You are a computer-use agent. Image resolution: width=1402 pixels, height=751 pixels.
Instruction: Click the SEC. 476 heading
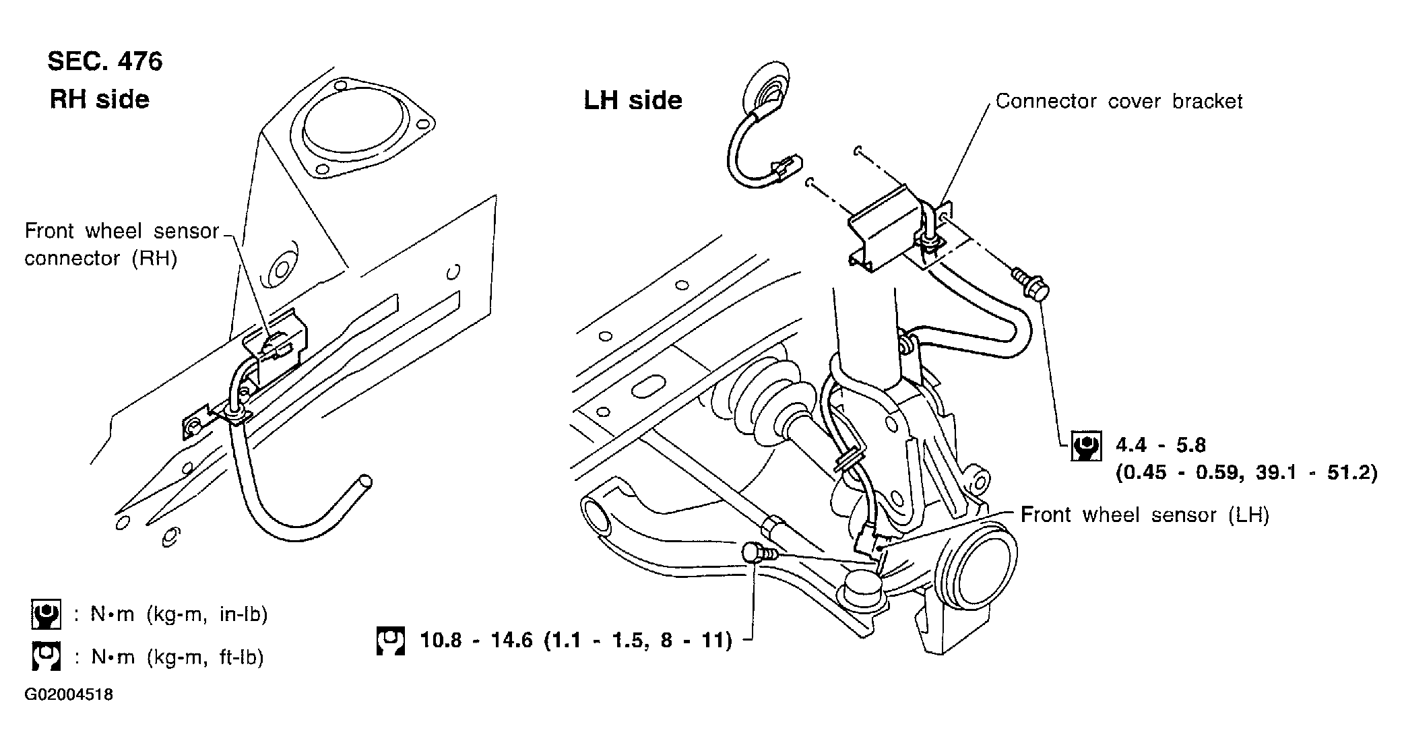coord(104,61)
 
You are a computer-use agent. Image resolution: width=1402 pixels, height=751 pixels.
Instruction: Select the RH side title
coord(99,100)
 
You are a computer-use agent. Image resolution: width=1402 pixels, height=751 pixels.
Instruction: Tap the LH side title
coord(633,100)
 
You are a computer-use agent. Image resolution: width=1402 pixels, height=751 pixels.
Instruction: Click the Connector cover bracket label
coord(1118,101)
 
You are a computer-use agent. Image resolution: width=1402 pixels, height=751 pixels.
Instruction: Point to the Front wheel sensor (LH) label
coord(1145,515)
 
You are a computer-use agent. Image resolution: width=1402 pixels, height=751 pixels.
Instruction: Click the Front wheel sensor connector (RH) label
coord(121,244)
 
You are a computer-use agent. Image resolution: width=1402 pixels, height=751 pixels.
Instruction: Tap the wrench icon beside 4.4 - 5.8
coord(1086,445)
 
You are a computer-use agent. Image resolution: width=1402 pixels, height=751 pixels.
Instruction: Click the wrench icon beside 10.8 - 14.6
coord(391,641)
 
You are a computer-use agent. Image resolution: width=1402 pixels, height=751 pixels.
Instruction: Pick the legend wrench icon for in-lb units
coord(46,614)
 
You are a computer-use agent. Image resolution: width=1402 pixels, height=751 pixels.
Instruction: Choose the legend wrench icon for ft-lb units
coord(46,657)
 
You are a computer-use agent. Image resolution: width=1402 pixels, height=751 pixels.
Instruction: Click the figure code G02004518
coord(69,694)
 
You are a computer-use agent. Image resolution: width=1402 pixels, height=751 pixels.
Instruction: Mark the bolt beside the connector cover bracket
coord(1031,286)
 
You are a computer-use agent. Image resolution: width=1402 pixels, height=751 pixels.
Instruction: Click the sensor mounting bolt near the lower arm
coord(757,553)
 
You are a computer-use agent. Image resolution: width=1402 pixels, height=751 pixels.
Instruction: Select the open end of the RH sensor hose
coord(364,482)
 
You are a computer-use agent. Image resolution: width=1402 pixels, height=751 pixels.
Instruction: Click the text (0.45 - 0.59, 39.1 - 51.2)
coord(1246,473)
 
